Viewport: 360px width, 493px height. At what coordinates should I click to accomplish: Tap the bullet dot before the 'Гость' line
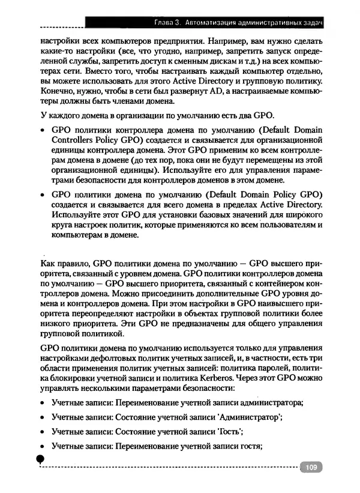pos(43,432)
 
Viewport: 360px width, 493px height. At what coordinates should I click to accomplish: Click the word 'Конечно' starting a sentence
pos(56,91)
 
